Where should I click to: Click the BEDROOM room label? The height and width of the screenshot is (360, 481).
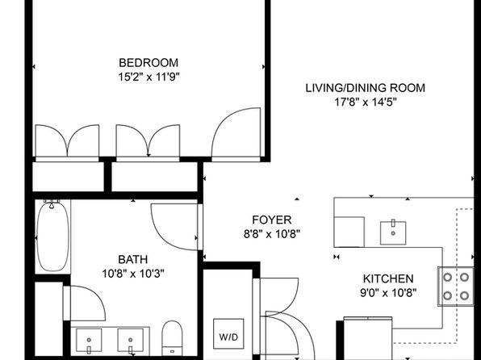[148, 63]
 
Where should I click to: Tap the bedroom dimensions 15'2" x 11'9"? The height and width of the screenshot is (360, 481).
[148, 77]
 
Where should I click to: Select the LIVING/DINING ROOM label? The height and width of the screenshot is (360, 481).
[366, 88]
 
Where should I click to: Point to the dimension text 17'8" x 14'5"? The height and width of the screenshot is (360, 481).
[366, 102]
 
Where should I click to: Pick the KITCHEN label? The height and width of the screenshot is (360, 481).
[388, 278]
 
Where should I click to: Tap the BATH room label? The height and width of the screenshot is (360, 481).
[133, 259]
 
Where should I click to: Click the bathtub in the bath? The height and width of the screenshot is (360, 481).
[52, 237]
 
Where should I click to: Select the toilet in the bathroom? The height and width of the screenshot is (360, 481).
[172, 338]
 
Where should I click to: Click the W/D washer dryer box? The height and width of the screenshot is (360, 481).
[228, 334]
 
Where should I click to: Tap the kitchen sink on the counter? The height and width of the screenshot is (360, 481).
[393, 233]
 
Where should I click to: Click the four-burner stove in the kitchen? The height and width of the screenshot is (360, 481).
[455, 287]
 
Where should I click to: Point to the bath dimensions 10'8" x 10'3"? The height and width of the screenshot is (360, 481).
[133, 273]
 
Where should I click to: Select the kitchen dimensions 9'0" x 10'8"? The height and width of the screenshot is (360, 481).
[388, 293]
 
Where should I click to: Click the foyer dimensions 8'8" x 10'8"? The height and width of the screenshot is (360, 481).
[272, 234]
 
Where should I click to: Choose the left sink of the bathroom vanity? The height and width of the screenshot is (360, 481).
[89, 340]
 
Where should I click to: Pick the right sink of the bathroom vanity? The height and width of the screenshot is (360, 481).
[131, 340]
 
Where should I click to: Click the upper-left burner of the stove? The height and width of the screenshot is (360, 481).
[448, 277]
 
